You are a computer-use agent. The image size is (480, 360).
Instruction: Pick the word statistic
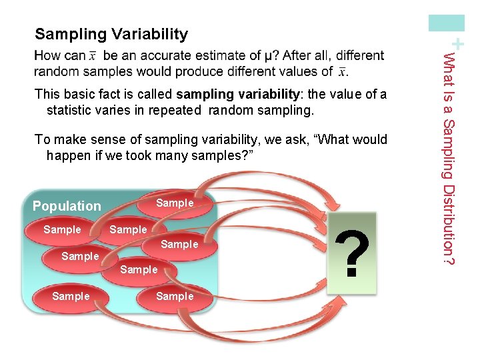click(x=71, y=110)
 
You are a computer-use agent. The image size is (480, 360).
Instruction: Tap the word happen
click(x=67, y=155)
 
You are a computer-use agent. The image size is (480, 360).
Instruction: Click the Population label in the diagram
click(x=67, y=206)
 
